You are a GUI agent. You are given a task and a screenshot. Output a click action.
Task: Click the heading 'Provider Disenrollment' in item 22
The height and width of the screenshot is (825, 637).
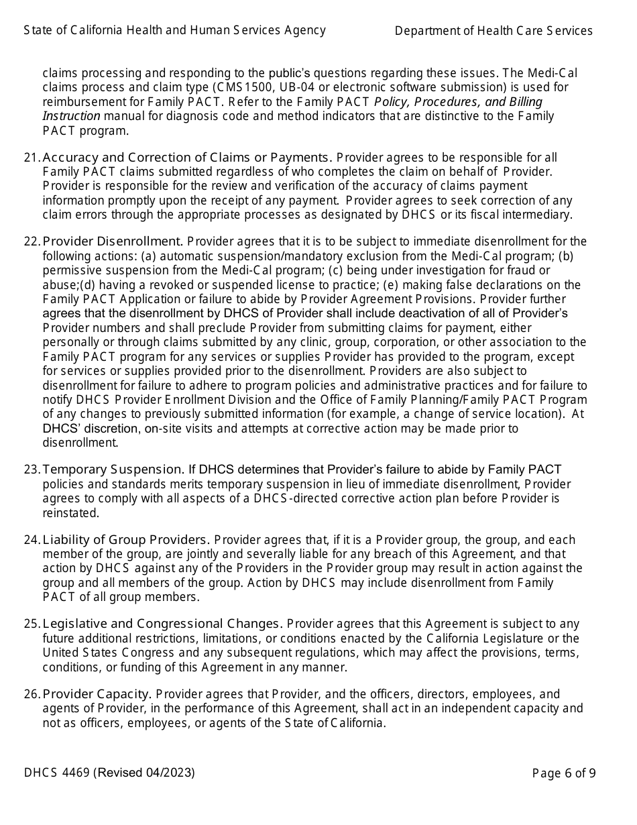[x=113, y=241]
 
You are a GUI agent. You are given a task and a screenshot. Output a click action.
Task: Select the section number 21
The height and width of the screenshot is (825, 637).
[x=31, y=158]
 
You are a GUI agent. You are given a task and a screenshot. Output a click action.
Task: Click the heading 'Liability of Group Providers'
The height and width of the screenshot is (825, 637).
[x=126, y=540]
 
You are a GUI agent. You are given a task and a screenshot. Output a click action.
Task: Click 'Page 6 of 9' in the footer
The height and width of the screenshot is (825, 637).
[x=563, y=773]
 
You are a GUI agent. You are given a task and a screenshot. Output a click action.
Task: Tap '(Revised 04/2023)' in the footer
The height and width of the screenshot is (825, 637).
[x=145, y=773]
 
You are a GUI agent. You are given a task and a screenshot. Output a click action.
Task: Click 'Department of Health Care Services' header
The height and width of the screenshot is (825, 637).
[x=494, y=31]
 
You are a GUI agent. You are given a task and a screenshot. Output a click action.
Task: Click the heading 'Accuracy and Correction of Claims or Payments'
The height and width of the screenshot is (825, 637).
[x=187, y=158]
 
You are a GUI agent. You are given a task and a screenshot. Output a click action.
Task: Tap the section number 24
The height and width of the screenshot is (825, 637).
[x=31, y=540]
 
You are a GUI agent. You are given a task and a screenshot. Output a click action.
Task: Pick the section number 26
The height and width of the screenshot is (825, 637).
[x=31, y=694]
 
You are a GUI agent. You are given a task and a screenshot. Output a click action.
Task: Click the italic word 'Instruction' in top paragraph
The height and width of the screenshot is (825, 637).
[x=72, y=116]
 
